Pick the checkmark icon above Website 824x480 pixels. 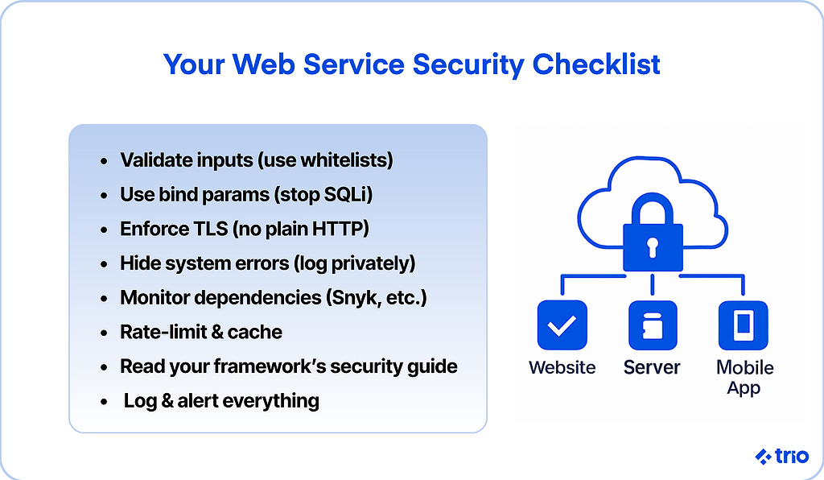point(562,325)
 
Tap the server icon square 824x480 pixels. point(653,325)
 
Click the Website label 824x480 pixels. point(562,368)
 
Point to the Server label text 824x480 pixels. point(652,368)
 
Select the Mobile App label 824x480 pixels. point(744,377)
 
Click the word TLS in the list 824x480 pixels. point(210,229)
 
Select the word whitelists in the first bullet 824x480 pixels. point(344,160)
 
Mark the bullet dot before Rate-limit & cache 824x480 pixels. point(104,333)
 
